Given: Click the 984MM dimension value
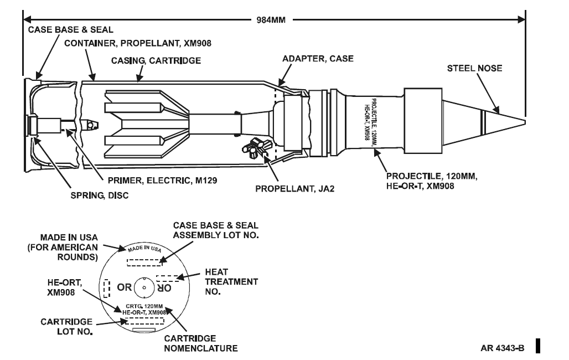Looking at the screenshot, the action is tap(271, 20).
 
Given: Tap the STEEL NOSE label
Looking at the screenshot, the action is tap(474, 68).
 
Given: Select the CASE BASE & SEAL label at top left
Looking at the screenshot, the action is tap(70, 30).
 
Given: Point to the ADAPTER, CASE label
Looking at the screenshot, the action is tap(318, 59).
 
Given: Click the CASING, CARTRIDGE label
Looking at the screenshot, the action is tap(156, 60).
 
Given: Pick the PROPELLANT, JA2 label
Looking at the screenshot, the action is tap(294, 189).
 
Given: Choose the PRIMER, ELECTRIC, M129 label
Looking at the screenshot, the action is tap(162, 181).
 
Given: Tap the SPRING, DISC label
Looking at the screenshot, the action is tap(100, 196).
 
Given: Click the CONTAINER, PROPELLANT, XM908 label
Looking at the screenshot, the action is tap(137, 44).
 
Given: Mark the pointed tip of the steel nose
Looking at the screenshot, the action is tap(525, 122).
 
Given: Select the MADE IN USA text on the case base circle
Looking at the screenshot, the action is tap(144, 248).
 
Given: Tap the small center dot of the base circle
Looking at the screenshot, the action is tap(144, 287).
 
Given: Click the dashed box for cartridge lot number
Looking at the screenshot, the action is tap(144, 321).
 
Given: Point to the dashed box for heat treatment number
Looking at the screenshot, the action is tap(167, 279).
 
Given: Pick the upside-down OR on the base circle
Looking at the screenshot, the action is tap(164, 287).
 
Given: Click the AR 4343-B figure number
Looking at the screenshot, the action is tap(502, 348).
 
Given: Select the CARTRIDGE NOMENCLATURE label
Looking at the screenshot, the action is tap(201, 343).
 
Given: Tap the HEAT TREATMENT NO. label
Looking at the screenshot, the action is tap(231, 282).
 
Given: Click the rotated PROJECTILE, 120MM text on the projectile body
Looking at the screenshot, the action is tap(375, 122).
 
